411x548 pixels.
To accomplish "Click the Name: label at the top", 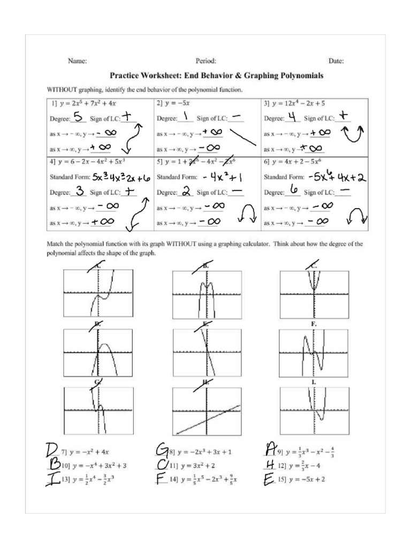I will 77,62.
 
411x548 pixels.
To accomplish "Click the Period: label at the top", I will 206,62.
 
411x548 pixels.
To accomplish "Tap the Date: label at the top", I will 336,62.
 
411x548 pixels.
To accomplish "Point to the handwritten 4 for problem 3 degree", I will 292,117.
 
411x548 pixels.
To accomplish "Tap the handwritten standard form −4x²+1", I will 223,177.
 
